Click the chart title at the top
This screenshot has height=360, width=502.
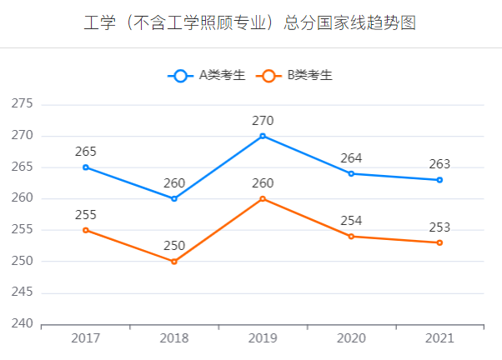tap(250, 22)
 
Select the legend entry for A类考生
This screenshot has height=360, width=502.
tap(207, 76)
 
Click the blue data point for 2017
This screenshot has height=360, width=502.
tap(85, 167)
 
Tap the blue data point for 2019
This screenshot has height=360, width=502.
tap(263, 136)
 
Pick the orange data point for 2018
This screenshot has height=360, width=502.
tap(174, 262)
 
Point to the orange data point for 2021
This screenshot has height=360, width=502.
tap(439, 242)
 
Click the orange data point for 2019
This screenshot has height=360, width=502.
tap(263, 198)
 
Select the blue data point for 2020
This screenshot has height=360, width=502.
tap(351, 173)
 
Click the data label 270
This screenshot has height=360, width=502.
tap(263, 121)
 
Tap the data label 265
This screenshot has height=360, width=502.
tap(85, 152)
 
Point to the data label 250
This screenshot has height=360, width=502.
tap(174, 246)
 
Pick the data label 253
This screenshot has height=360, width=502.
tap(439, 227)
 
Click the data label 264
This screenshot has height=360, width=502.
tap(351, 158)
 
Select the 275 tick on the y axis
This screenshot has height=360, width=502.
tap(22, 104)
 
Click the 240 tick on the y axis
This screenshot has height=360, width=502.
tap(22, 324)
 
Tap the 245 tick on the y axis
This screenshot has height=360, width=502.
tap(22, 292)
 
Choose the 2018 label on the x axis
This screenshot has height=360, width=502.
tap(174, 338)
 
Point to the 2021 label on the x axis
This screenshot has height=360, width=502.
tap(439, 338)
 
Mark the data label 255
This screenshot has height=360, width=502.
tap(85, 214)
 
